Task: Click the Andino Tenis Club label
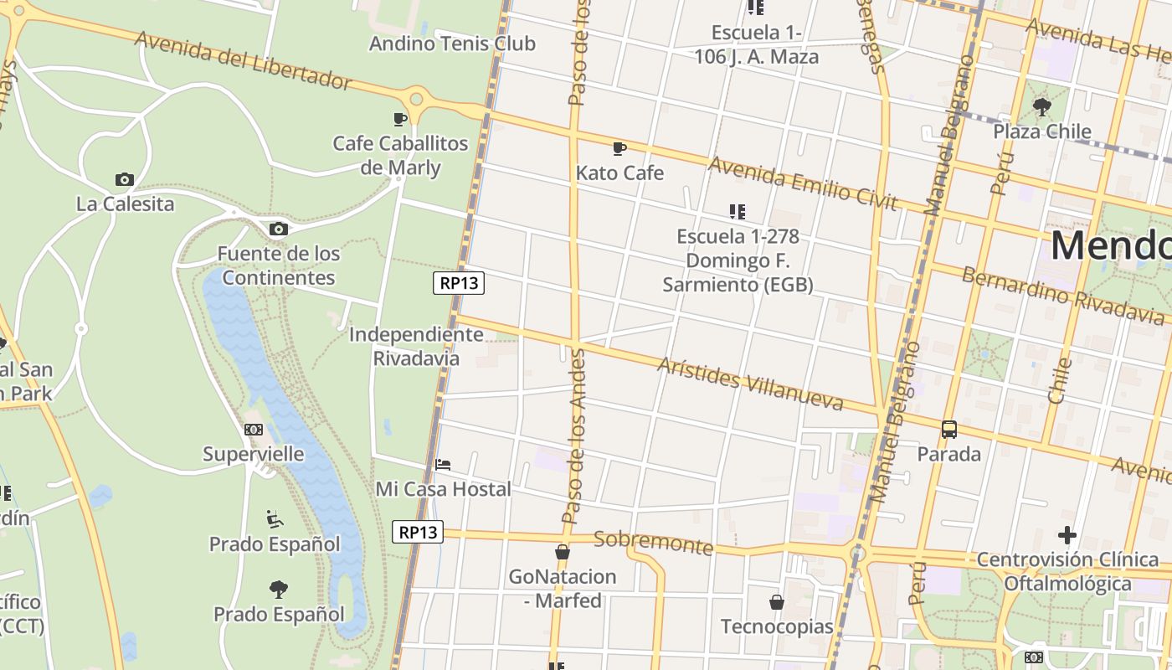point(452,44)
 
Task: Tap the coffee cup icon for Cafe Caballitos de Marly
point(400,119)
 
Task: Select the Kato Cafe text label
point(619,173)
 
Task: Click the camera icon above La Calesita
point(125,179)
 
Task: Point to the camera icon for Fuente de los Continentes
point(278,229)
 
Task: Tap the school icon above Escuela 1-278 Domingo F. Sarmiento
point(737,212)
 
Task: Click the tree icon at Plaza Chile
point(1042,106)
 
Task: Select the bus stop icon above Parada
point(948,430)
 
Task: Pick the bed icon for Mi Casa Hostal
point(443,464)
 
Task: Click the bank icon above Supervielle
point(254,430)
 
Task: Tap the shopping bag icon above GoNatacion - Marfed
point(563,552)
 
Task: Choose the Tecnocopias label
point(777,626)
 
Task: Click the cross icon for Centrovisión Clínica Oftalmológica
point(1067,534)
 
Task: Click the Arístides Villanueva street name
point(749,384)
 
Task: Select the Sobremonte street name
point(653,543)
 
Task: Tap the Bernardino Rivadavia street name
point(1061,295)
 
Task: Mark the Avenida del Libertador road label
point(243,60)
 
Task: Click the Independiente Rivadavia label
point(416,346)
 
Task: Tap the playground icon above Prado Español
point(275,519)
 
